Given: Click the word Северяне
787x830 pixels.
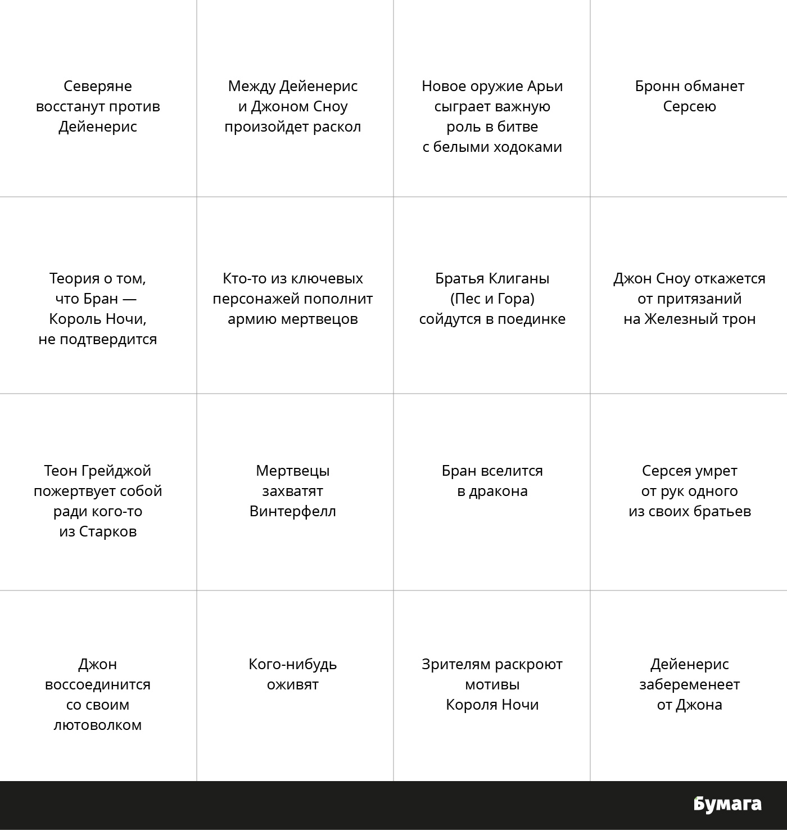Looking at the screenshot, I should pos(98,86).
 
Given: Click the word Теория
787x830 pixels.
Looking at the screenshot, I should pos(75,278).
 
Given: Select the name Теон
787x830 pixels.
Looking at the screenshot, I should pos(60,471).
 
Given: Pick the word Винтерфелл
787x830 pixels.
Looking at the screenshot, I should pos(293,511).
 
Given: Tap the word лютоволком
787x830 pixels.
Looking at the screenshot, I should pos(98,725).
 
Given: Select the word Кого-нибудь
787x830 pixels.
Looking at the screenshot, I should pos(293,664).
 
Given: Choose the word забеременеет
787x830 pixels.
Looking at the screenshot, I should pos(689,684).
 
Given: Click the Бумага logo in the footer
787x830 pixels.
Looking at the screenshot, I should pos(727,804).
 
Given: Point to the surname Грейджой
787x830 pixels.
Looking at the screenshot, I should pos(116,471).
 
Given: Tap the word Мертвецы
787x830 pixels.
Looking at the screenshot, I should pos(293,471).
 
